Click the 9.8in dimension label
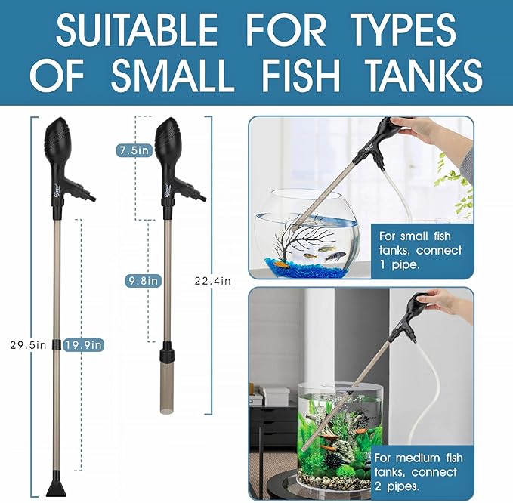143,281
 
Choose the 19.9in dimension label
84,345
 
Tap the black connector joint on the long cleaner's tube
57,345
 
